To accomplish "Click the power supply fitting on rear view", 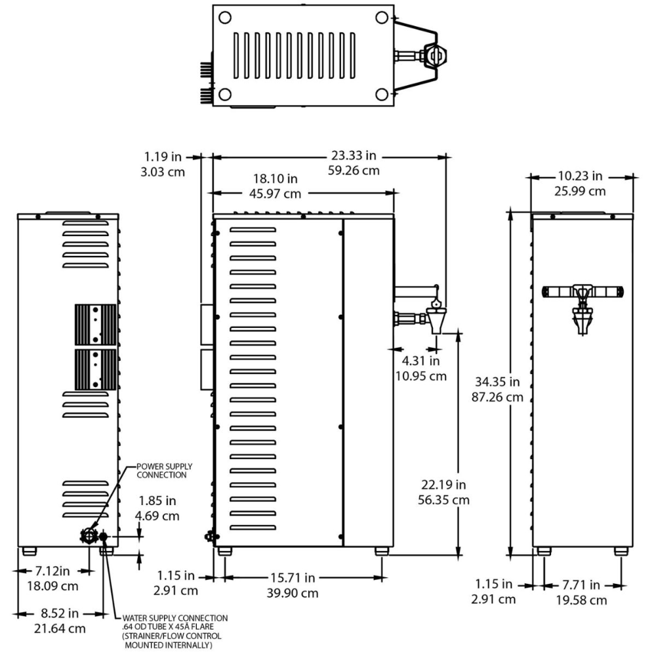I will coord(87,536).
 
